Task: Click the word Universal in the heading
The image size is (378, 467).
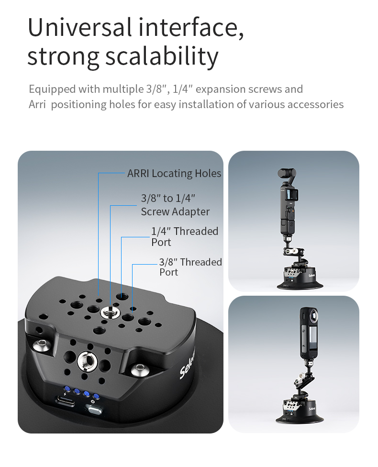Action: pos(80,27)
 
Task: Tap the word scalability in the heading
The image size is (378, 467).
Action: pos(162,56)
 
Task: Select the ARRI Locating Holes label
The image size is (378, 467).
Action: pos(174,173)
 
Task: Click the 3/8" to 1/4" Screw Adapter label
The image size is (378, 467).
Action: pos(175,205)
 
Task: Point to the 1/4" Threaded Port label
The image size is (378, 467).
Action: pos(185,236)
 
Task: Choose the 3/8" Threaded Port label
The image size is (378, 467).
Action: pos(190,267)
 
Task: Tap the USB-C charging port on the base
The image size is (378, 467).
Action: pos(65,400)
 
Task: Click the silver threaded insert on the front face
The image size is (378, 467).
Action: pos(87,362)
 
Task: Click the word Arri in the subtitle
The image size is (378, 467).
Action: pos(37,104)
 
